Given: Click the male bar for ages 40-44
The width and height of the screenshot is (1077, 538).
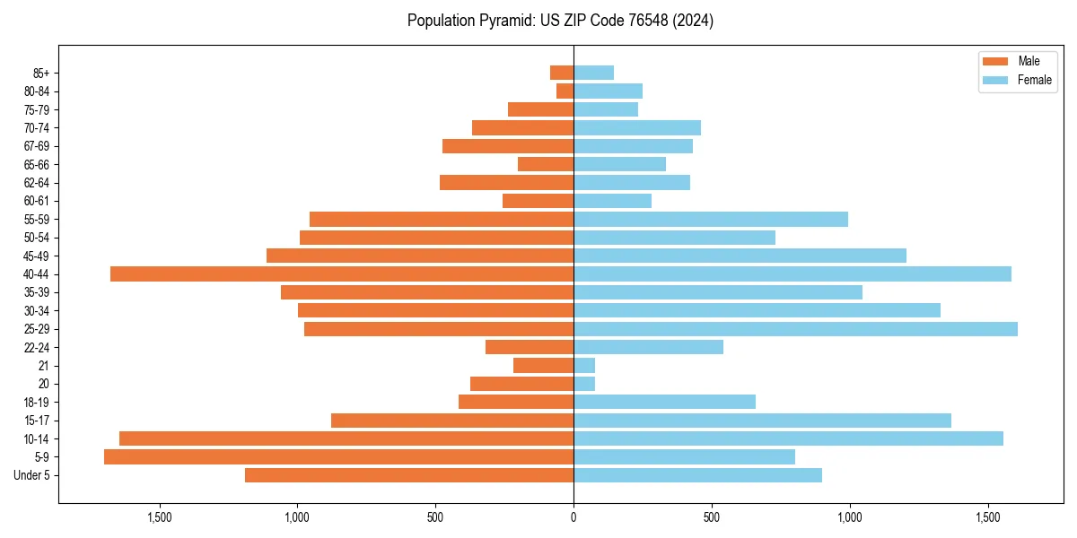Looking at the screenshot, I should pos(342,273).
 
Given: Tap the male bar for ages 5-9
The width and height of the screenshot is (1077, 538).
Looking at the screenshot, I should pos(338,456).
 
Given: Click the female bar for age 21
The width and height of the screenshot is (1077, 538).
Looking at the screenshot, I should pos(584,365).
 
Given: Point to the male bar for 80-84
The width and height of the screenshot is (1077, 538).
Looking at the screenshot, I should pos(565,91).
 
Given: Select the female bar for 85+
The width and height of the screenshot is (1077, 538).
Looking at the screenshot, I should pos(593,73).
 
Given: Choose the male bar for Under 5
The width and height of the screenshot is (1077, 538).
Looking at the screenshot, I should pos(409,475).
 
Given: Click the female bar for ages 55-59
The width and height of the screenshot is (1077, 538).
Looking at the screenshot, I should pos(711,219).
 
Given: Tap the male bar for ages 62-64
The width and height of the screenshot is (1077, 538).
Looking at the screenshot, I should pos(506,182).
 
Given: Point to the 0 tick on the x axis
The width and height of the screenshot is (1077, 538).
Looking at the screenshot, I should pos(574,517).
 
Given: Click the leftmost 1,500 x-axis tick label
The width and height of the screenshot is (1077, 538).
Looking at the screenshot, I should pos(159,517).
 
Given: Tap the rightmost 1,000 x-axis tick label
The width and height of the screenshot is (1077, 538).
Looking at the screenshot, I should pos(849,517).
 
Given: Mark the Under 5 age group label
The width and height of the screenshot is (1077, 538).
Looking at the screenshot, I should pos(32,475).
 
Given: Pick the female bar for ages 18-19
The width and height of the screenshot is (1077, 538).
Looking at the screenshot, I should pos(664,402).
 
